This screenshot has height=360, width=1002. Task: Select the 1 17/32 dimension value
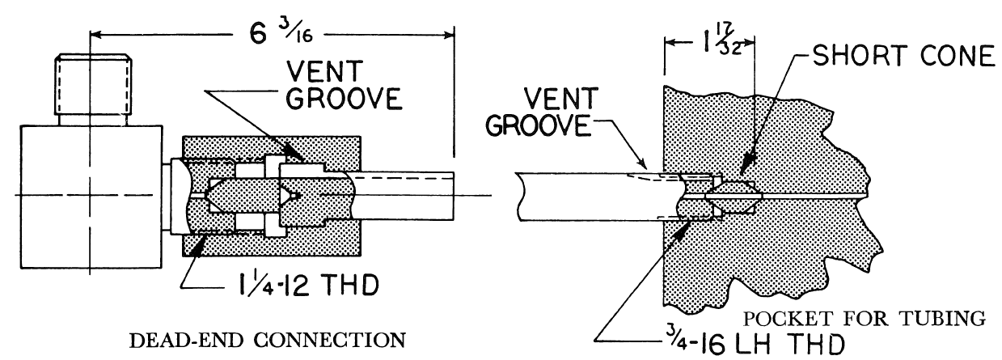[709, 38]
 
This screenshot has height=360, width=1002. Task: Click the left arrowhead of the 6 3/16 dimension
[95, 34]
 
